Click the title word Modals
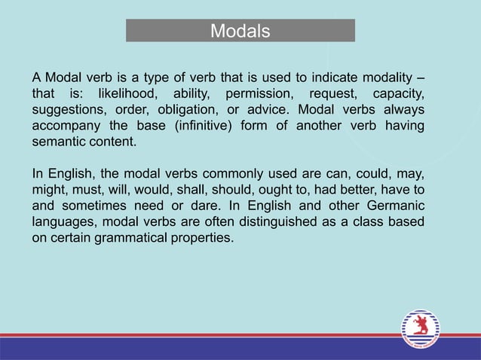240,31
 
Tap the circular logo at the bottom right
420,328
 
